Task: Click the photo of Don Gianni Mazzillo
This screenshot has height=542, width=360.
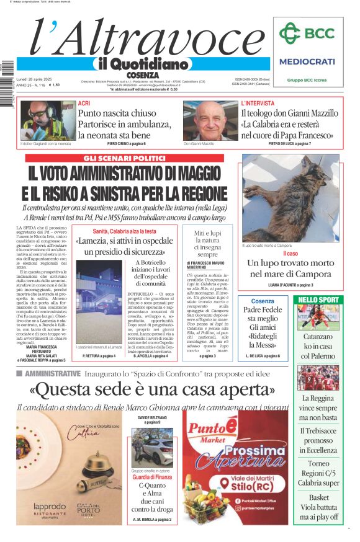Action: pyautogui.click(x=209, y=120)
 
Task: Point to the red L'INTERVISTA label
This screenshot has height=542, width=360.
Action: pyautogui.click(x=258, y=104)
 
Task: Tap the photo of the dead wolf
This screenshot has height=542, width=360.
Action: pyautogui.click(x=290, y=198)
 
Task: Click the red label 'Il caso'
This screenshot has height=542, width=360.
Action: pyautogui.click(x=290, y=254)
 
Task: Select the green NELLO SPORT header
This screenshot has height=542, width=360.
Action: pyautogui.click(x=318, y=300)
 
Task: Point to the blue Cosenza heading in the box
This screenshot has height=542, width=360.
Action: pyautogui.click(x=263, y=301)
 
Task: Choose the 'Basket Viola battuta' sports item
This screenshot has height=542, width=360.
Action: pyautogui.click(x=318, y=507)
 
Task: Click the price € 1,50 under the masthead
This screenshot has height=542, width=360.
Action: pyautogui.click(x=54, y=85)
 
